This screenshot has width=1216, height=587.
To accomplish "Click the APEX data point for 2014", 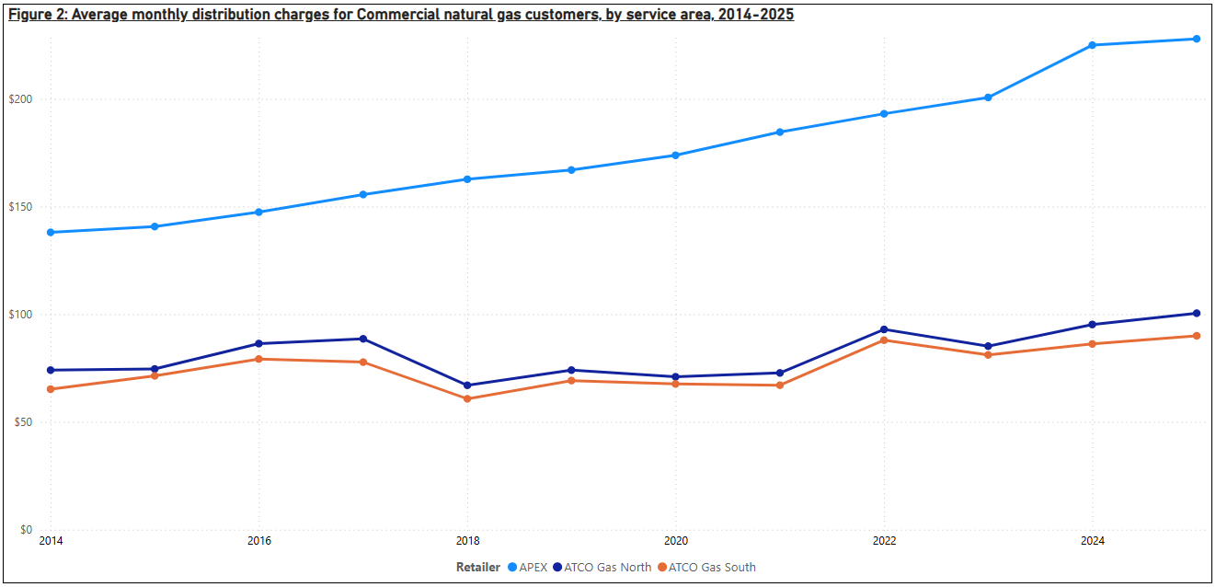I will tap(50, 232).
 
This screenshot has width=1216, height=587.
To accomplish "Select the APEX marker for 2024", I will tap(1092, 45).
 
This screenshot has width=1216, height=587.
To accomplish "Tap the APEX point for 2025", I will tap(1196, 39).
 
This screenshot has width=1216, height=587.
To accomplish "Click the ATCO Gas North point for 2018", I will tap(467, 386).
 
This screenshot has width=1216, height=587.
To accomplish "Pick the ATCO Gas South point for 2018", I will tap(467, 398).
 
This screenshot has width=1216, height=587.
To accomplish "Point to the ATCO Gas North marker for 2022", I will tap(884, 329).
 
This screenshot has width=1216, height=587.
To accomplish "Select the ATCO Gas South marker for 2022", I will tap(884, 340).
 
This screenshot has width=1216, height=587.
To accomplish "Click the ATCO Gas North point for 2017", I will tap(363, 339).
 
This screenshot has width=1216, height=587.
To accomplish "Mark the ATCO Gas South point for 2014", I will tap(50, 389).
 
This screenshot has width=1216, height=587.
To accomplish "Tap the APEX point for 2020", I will tap(675, 155).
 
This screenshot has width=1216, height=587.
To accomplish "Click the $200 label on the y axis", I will tap(20, 99).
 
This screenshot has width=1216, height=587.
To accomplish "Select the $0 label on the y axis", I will tap(26, 530).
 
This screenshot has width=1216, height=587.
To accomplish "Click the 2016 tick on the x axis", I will tap(258, 541).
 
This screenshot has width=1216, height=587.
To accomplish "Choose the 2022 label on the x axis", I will tap(884, 541).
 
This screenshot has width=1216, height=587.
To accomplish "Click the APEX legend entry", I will tap(527, 568).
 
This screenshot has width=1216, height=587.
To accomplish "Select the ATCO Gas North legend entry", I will tap(602, 568).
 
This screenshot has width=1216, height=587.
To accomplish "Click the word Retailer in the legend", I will tap(478, 568).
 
